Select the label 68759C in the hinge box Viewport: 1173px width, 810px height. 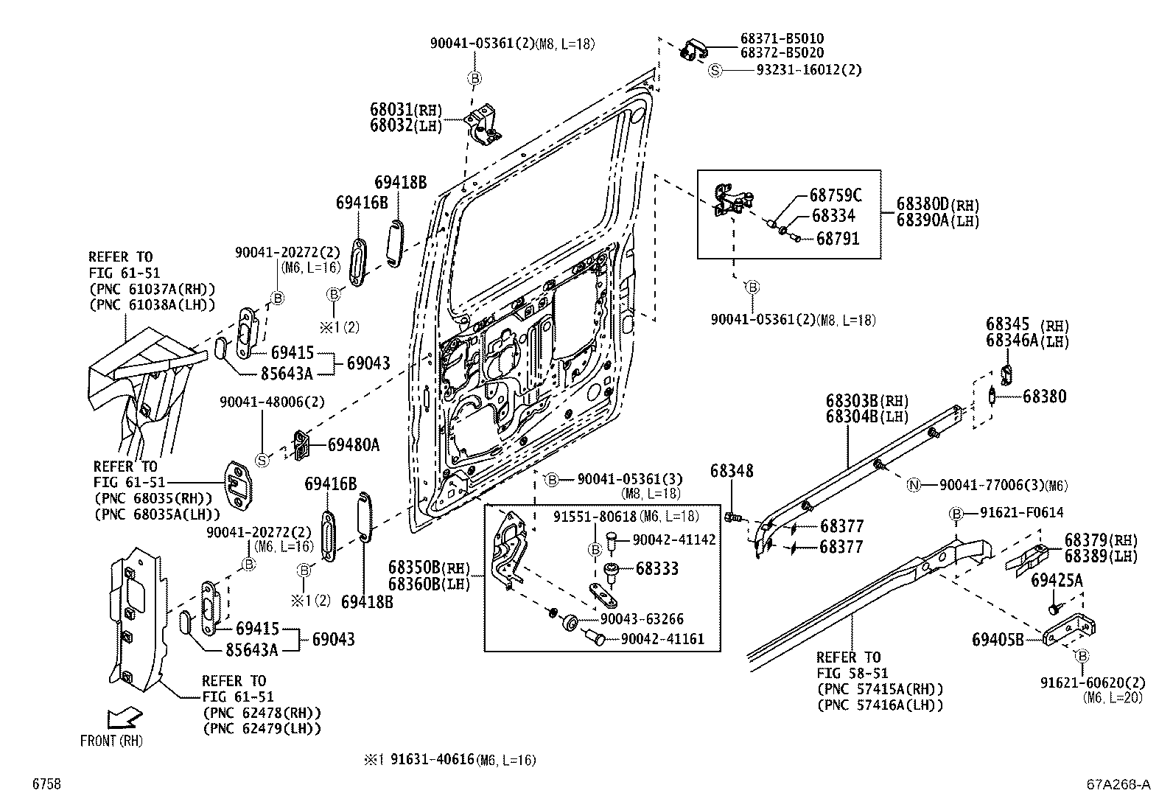pyautogui.click(x=835, y=195)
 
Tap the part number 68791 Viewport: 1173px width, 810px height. pyautogui.click(x=837, y=239)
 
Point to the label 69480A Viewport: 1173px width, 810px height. pyautogui.click(x=353, y=444)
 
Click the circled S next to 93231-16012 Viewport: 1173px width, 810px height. pyautogui.click(x=715, y=70)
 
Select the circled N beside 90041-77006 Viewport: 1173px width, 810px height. pyautogui.click(x=914, y=485)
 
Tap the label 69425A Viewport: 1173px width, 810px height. pyautogui.click(x=1057, y=581)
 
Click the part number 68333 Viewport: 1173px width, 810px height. pyautogui.click(x=656, y=569)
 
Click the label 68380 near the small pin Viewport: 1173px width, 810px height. pyautogui.click(x=1044, y=397)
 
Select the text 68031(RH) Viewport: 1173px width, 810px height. pyautogui.click(x=405, y=111)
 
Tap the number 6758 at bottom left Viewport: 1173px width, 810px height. pyautogui.click(x=45, y=784)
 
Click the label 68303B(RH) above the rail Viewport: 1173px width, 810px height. pyautogui.click(x=866, y=401)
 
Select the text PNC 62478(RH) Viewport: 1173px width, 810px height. pyautogui.click(x=261, y=713)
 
